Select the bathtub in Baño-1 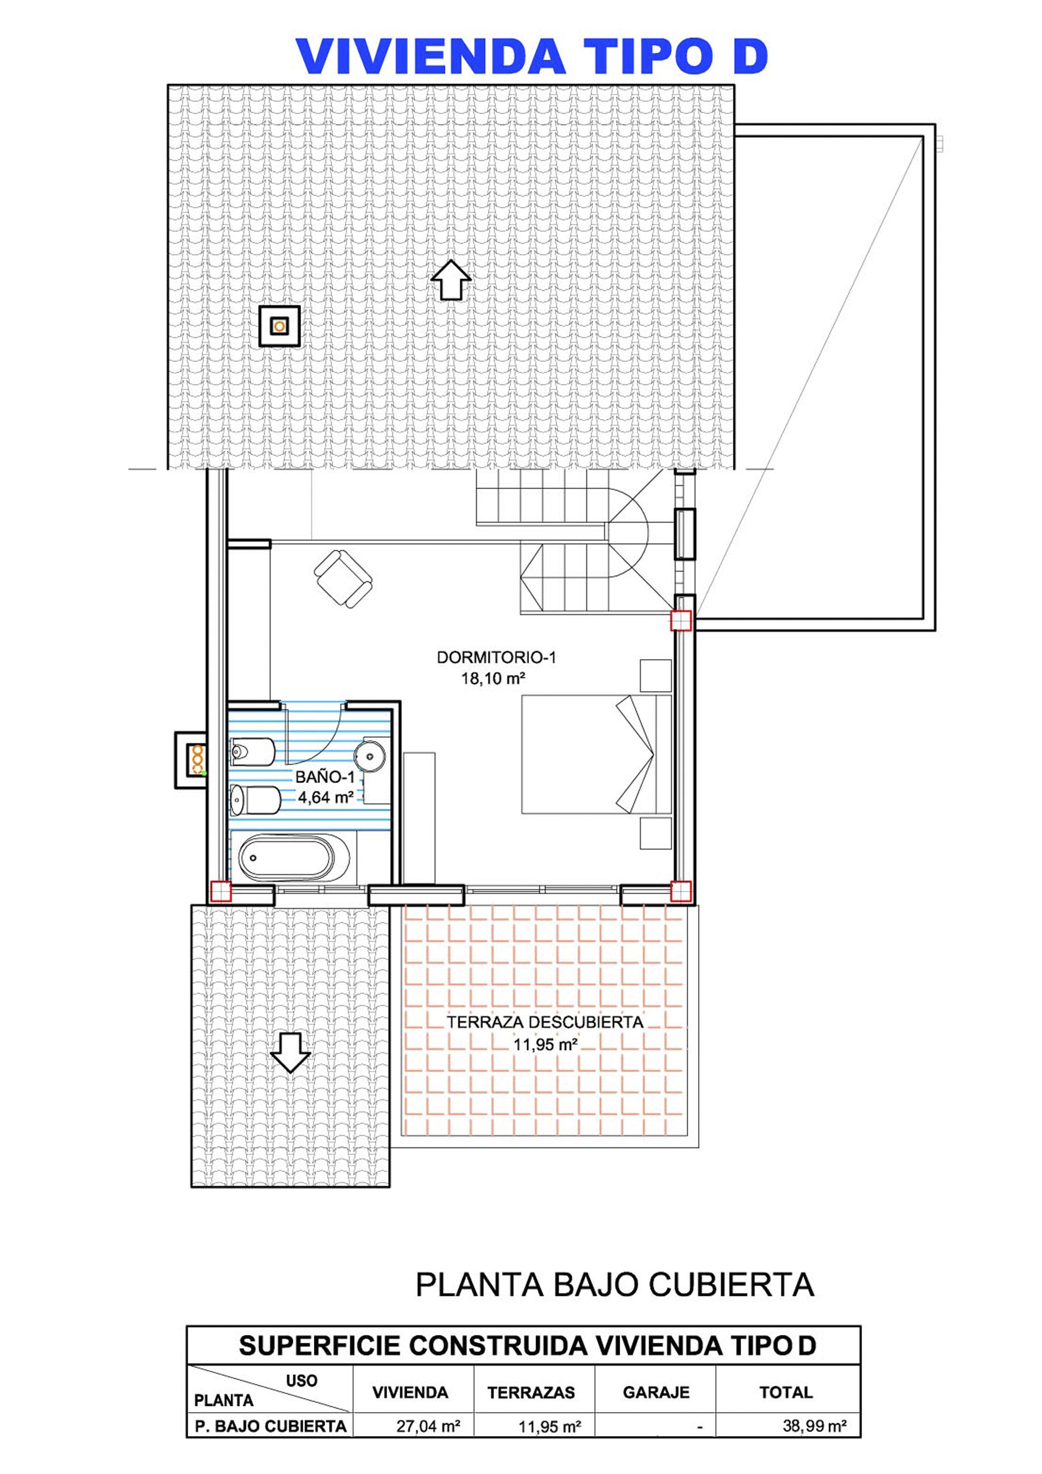pos(294,857)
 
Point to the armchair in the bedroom pos(343,579)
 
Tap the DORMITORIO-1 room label pos(496,658)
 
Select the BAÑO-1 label pos(325,777)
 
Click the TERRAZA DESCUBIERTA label pos(545,1022)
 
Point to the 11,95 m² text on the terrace pos(545,1045)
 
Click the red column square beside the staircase pos(681,620)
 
